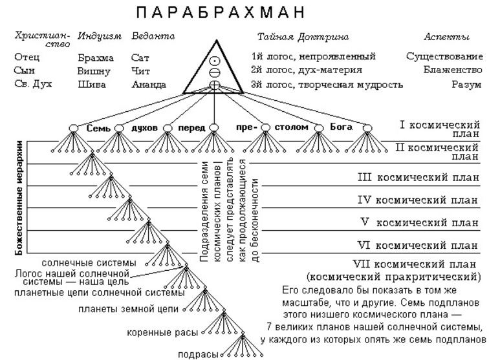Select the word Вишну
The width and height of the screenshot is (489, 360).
94,71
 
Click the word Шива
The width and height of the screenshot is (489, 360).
91,85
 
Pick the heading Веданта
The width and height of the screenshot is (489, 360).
153,37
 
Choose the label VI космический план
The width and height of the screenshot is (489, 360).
418,246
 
